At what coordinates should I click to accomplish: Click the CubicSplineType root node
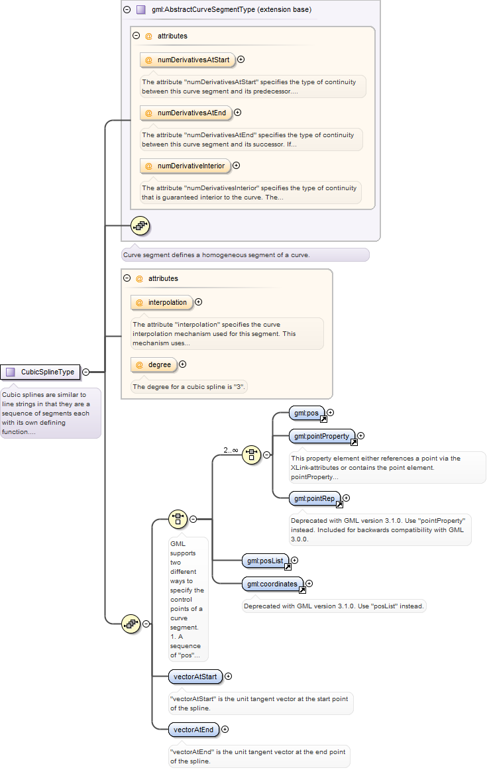click(40, 372)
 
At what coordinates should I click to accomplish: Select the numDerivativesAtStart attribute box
click(188, 60)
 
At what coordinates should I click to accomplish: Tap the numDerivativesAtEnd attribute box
click(186, 113)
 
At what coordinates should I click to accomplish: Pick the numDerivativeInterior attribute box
click(185, 166)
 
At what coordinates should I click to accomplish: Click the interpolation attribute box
click(162, 302)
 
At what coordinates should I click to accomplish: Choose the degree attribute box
click(154, 365)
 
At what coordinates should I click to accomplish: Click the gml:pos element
click(307, 413)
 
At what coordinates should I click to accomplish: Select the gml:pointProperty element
click(322, 436)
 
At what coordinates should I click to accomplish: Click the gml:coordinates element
click(272, 584)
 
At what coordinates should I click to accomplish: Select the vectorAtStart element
click(195, 677)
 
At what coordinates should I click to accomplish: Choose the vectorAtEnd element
click(193, 730)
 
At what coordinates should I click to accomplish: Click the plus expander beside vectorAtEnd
click(225, 729)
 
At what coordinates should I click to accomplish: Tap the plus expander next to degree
click(183, 364)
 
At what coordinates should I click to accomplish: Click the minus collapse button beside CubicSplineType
click(86, 372)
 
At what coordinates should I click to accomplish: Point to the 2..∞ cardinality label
click(231, 450)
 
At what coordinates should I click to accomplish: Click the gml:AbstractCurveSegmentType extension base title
click(231, 9)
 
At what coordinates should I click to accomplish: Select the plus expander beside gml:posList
click(295, 561)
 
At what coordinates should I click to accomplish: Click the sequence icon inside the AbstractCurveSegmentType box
click(140, 226)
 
